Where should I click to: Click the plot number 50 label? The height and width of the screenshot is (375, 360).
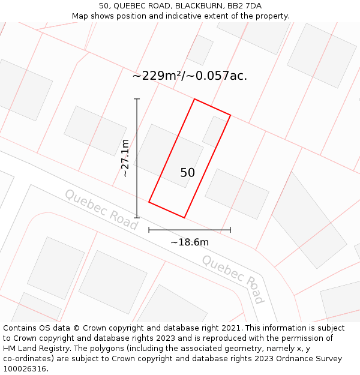point(187,173)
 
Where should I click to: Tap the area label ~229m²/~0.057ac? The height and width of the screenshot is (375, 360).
point(190,76)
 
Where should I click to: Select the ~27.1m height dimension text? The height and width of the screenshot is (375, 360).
point(125,158)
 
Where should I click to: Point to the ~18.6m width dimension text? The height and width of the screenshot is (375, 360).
point(190,242)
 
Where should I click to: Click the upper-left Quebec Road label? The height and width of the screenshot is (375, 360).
point(101,209)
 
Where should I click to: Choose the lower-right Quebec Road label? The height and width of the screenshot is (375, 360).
point(233,279)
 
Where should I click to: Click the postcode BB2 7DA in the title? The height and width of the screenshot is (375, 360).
point(245,6)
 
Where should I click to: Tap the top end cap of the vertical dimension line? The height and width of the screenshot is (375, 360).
point(137,99)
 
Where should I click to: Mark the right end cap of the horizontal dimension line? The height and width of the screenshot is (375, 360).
point(230,229)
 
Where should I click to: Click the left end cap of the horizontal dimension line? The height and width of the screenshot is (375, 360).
point(149,229)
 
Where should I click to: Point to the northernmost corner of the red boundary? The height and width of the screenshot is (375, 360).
point(194,99)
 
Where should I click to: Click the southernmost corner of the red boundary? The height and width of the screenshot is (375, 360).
point(184,218)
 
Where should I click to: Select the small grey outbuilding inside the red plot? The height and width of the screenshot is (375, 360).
point(215,131)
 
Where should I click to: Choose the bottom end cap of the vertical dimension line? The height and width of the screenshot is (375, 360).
point(137,218)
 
